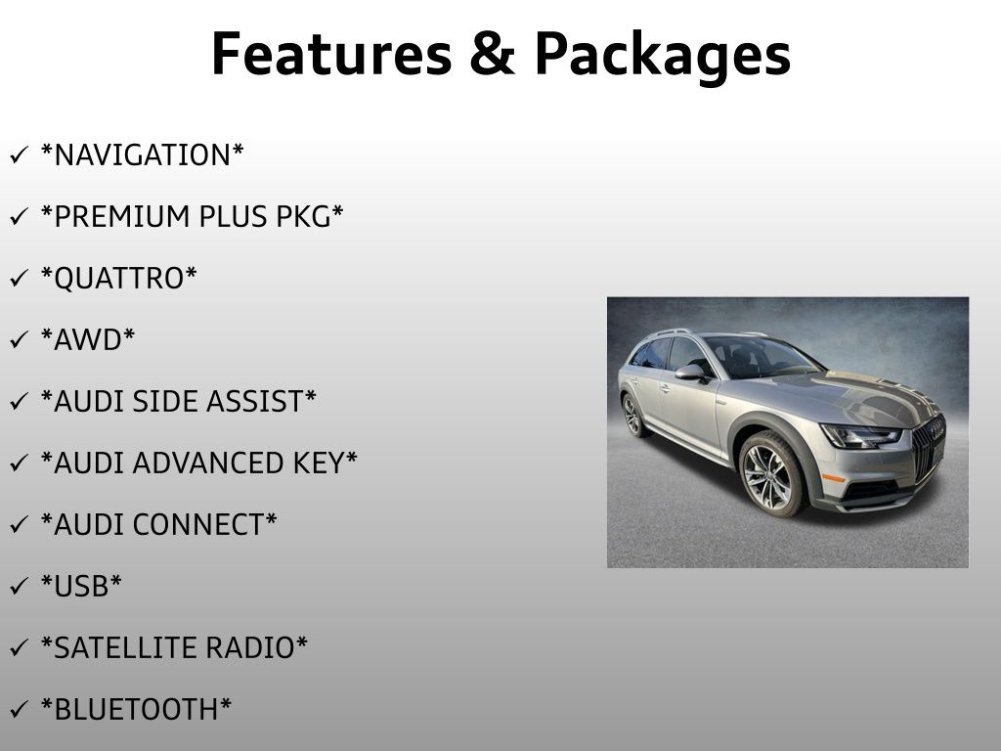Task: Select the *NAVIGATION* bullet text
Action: [x=142, y=155]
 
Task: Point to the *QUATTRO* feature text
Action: [x=118, y=279]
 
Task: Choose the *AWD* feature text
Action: [x=88, y=339]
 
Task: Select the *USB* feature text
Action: [x=81, y=586]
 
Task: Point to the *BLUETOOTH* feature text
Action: [x=136, y=709]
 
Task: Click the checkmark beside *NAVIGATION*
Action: [x=19, y=155]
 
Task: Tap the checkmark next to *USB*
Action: [x=19, y=587]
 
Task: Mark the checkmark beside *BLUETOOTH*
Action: [x=19, y=710]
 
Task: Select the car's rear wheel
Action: [x=632, y=414]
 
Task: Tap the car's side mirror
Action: [x=691, y=372]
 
